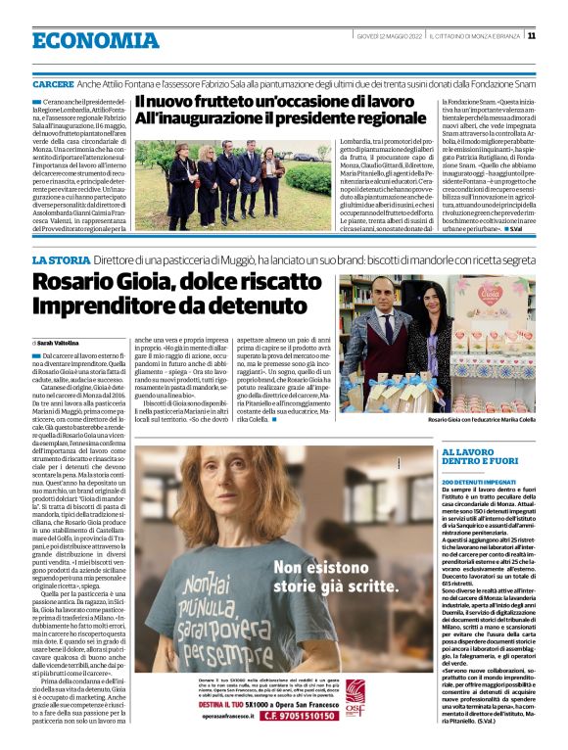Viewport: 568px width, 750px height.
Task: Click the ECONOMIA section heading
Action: point(82,41)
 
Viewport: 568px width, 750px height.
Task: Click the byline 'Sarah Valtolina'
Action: point(62,343)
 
